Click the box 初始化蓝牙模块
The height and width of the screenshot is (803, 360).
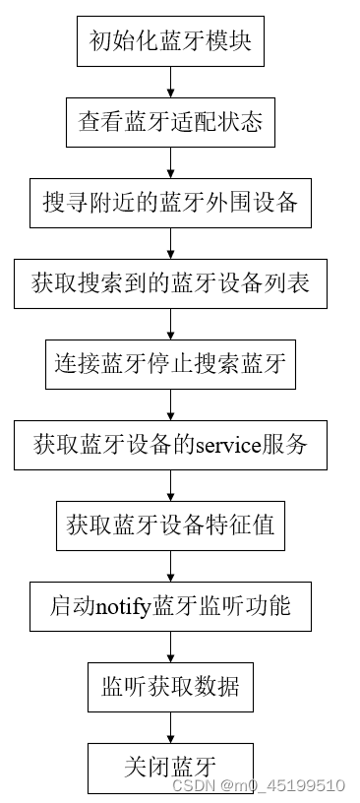(x=170, y=41)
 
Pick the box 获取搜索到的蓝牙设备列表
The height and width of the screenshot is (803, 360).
(x=170, y=283)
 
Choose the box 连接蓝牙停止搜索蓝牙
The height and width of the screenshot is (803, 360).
(x=170, y=364)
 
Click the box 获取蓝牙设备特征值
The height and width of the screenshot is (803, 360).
(x=170, y=525)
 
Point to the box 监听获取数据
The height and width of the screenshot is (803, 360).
(x=170, y=686)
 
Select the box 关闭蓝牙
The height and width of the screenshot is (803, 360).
(x=170, y=767)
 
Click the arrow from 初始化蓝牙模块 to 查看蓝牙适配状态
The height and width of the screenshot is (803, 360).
(x=171, y=82)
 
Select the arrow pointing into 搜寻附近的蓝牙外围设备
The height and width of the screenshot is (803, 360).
(x=171, y=162)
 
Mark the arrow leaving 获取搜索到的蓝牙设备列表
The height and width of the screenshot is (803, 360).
(x=171, y=324)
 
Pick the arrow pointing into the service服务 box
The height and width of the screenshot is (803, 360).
(x=171, y=404)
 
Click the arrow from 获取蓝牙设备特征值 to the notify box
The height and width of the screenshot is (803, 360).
(x=171, y=565)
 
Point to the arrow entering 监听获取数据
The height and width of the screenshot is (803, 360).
(x=171, y=646)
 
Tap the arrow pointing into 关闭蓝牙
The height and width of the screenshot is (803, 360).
(x=171, y=726)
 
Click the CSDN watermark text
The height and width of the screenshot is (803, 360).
(x=259, y=785)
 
